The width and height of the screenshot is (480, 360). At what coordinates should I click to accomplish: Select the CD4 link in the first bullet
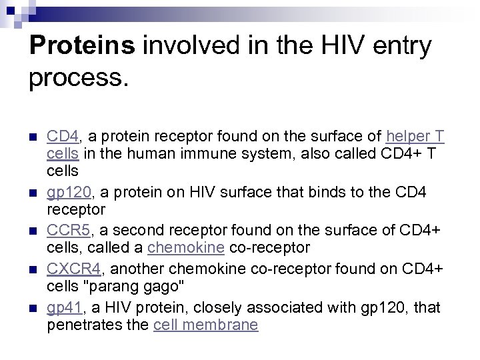click(63, 137)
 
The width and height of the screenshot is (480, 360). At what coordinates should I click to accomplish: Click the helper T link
click(415, 137)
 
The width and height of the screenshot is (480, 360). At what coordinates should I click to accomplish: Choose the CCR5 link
click(68, 231)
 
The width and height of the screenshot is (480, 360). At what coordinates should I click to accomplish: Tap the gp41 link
click(65, 308)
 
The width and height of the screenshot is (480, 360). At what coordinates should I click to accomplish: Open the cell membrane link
click(205, 325)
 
